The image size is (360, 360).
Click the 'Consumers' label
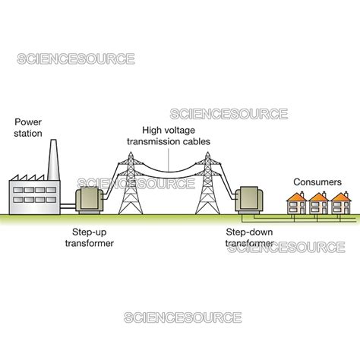(317, 182)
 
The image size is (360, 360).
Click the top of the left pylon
(125, 153)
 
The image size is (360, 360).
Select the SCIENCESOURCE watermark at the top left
(76, 58)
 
